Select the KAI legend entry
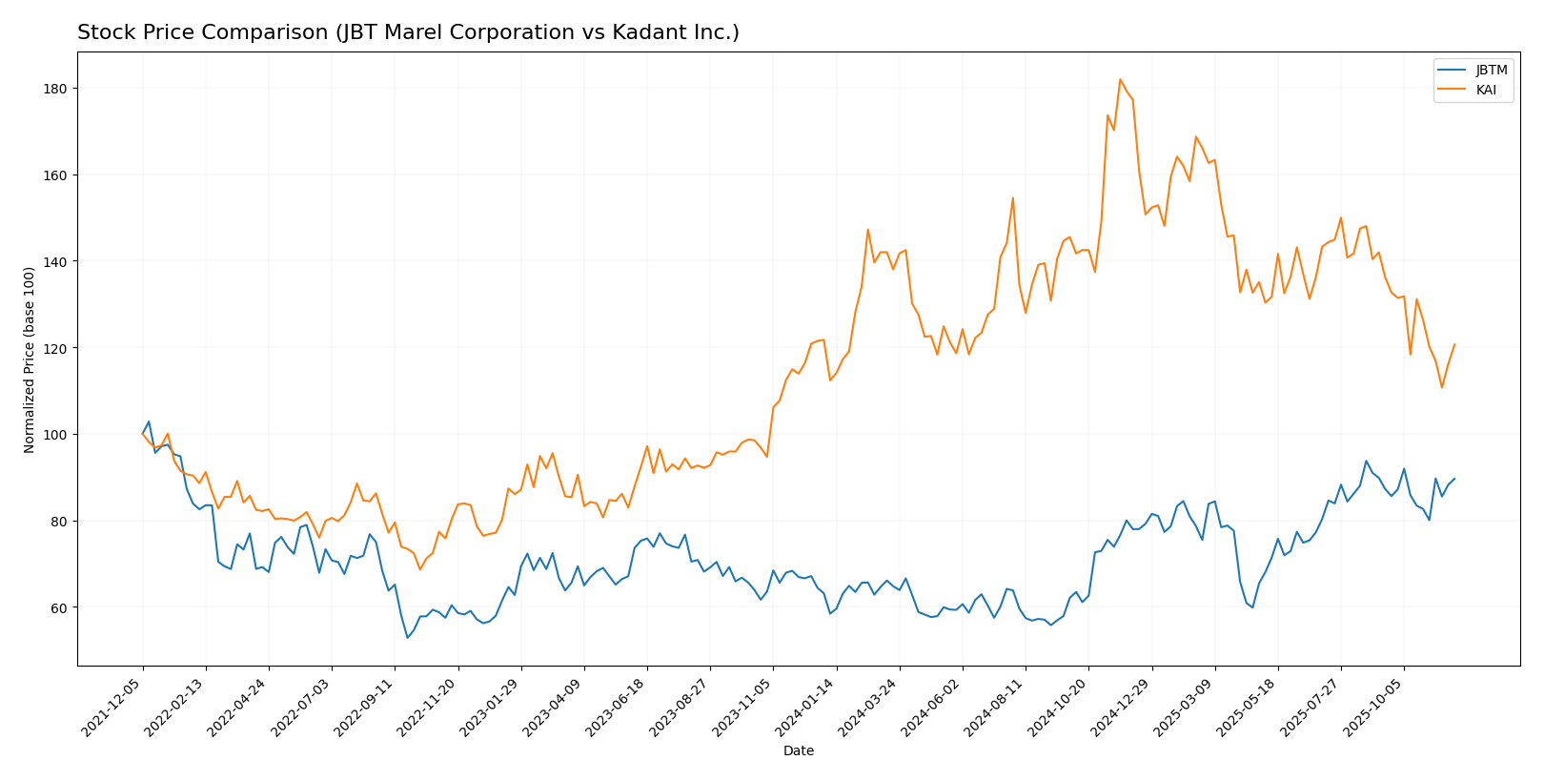click(1486, 90)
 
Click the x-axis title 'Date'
click(798, 751)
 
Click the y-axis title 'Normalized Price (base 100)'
click(30, 360)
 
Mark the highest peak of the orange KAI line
click(1120, 79)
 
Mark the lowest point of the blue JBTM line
click(407, 638)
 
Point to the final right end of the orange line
click(1454, 344)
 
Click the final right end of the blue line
click(1454, 479)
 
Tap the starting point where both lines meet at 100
click(143, 434)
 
